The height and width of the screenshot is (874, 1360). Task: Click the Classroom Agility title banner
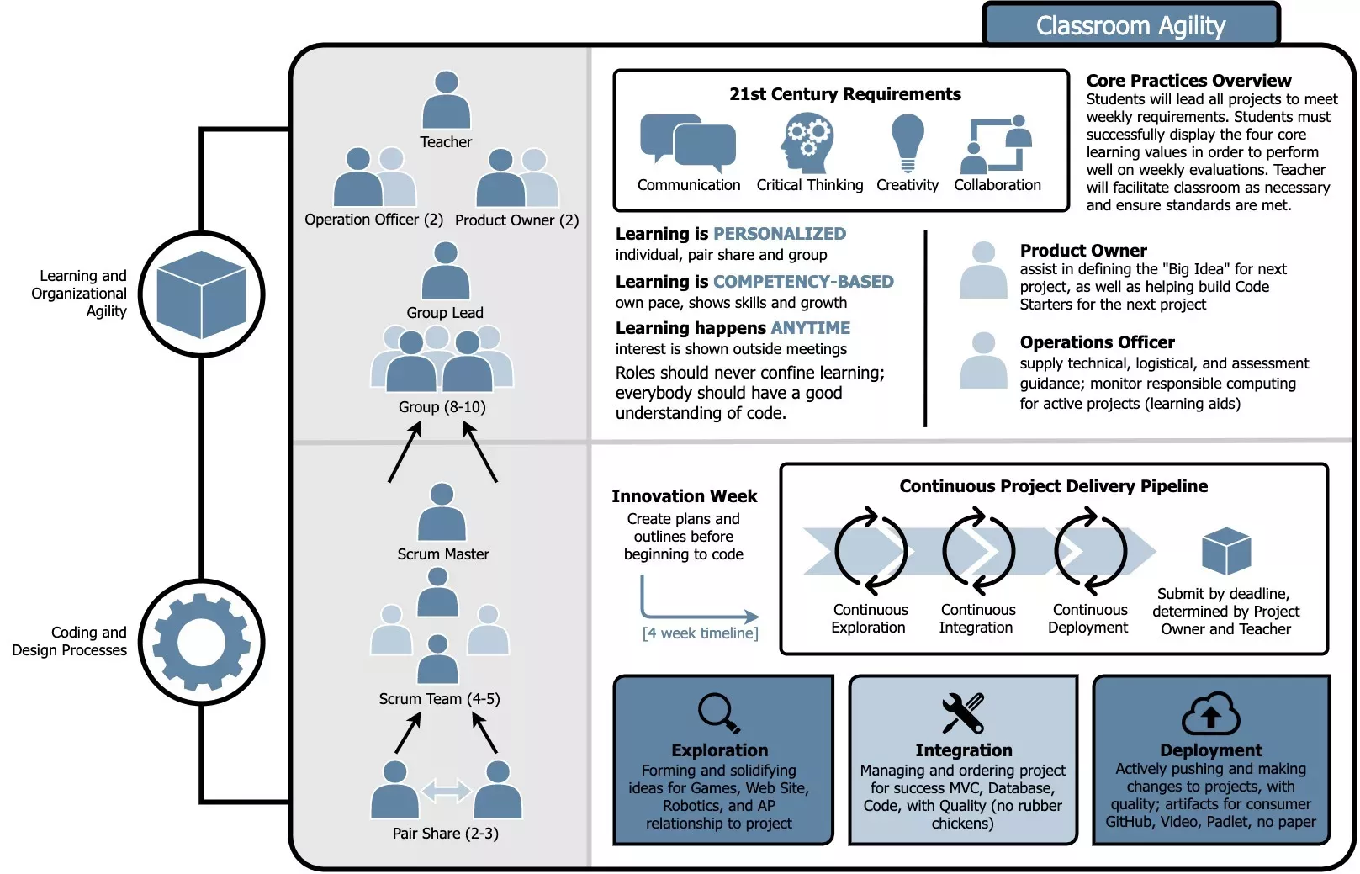tap(1130, 25)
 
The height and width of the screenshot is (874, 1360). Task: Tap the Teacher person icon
tap(446, 100)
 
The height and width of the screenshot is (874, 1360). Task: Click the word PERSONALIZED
tap(780, 234)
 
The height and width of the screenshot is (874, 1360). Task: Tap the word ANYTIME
tap(810, 328)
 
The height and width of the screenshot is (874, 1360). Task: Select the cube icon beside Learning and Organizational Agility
tap(202, 294)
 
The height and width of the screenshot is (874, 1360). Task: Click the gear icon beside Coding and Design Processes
tap(202, 643)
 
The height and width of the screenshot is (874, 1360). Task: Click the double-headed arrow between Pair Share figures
tap(446, 791)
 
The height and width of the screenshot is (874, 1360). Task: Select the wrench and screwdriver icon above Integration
tap(963, 713)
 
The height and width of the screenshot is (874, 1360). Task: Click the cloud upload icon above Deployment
tap(1210, 714)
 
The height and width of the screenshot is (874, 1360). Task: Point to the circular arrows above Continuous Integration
tap(978, 551)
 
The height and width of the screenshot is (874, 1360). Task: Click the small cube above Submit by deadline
tap(1226, 551)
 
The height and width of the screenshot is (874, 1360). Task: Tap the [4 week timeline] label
tap(700, 633)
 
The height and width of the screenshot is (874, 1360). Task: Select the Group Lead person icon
tap(445, 271)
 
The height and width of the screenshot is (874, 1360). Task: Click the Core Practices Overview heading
tap(1188, 81)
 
